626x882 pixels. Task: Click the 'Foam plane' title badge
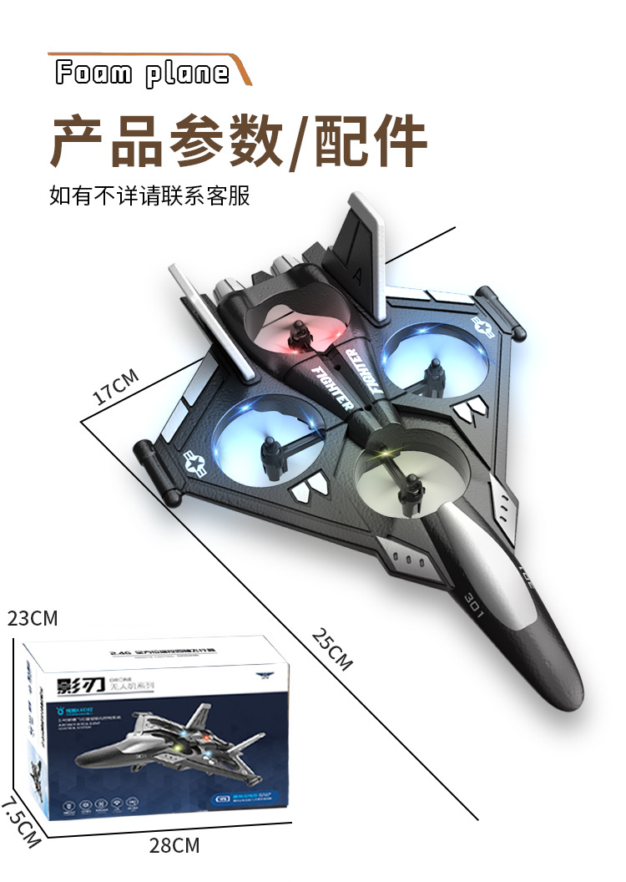[142, 73]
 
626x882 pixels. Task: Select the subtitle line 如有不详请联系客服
[149, 196]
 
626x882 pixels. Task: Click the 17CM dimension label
[114, 387]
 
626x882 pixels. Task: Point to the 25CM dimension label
[332, 647]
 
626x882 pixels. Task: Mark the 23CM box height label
[33, 619]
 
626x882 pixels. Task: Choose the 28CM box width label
[174, 845]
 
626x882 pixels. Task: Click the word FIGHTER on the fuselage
[331, 386]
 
